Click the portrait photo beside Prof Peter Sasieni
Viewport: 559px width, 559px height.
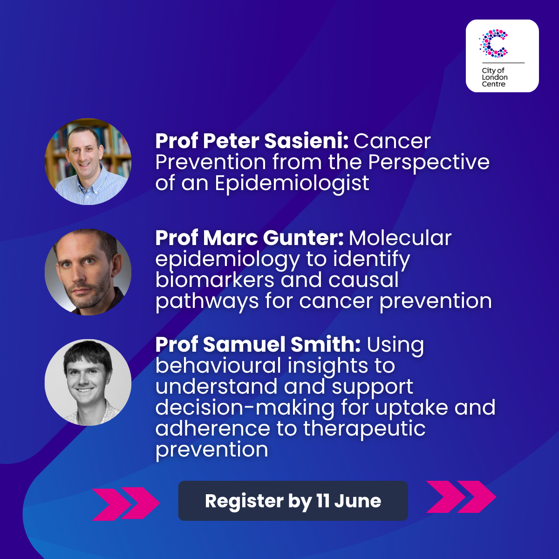(88, 162)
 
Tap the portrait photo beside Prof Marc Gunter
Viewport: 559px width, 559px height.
(88, 272)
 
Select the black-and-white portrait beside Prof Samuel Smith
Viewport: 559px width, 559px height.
(88, 382)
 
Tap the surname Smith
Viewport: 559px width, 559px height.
(326, 344)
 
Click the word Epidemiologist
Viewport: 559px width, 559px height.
(292, 184)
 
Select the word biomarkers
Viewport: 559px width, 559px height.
(215, 280)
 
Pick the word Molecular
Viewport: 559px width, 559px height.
(400, 238)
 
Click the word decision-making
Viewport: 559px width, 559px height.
(245, 407)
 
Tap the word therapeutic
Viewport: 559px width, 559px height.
(364, 429)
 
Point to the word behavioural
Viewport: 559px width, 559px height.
(218, 365)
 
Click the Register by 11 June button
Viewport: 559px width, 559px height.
(293, 501)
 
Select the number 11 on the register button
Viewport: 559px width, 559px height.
(323, 501)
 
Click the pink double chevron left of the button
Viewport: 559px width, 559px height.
(126, 504)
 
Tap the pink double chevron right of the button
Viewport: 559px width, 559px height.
(461, 497)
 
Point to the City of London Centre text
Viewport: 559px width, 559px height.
(495, 77)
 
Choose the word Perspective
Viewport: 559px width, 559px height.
(429, 163)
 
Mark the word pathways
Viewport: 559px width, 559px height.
(207, 302)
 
